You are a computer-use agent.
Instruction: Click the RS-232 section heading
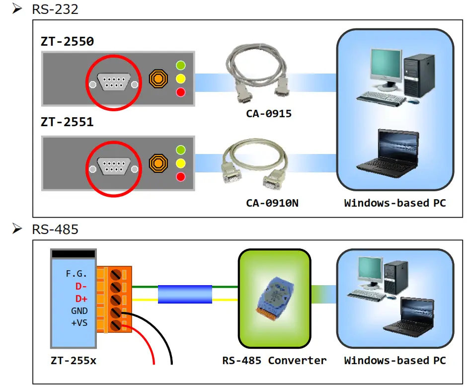(x=55, y=9)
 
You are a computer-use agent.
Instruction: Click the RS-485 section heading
(x=55, y=229)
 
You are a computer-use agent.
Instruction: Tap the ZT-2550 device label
(x=67, y=41)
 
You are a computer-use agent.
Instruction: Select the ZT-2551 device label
(x=67, y=122)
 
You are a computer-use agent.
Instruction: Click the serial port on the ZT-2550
(x=114, y=82)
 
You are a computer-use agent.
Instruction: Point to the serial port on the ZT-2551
(x=114, y=167)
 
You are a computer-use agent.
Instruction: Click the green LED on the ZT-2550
(x=181, y=65)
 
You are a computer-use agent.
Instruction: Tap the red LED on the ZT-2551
(x=181, y=177)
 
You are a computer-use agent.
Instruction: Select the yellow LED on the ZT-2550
(x=181, y=78)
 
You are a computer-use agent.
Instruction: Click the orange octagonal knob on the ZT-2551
(x=158, y=163)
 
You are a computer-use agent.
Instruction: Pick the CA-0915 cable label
(x=269, y=114)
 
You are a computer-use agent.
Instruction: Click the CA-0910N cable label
(x=269, y=203)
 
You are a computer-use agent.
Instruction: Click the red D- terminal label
(x=81, y=286)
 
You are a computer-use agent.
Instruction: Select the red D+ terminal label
(x=81, y=299)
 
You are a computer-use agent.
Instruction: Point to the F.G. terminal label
(x=77, y=274)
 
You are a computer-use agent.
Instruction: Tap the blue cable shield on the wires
(x=185, y=294)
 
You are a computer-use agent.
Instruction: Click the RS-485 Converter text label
(x=274, y=361)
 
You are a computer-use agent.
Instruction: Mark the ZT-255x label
(x=73, y=361)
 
